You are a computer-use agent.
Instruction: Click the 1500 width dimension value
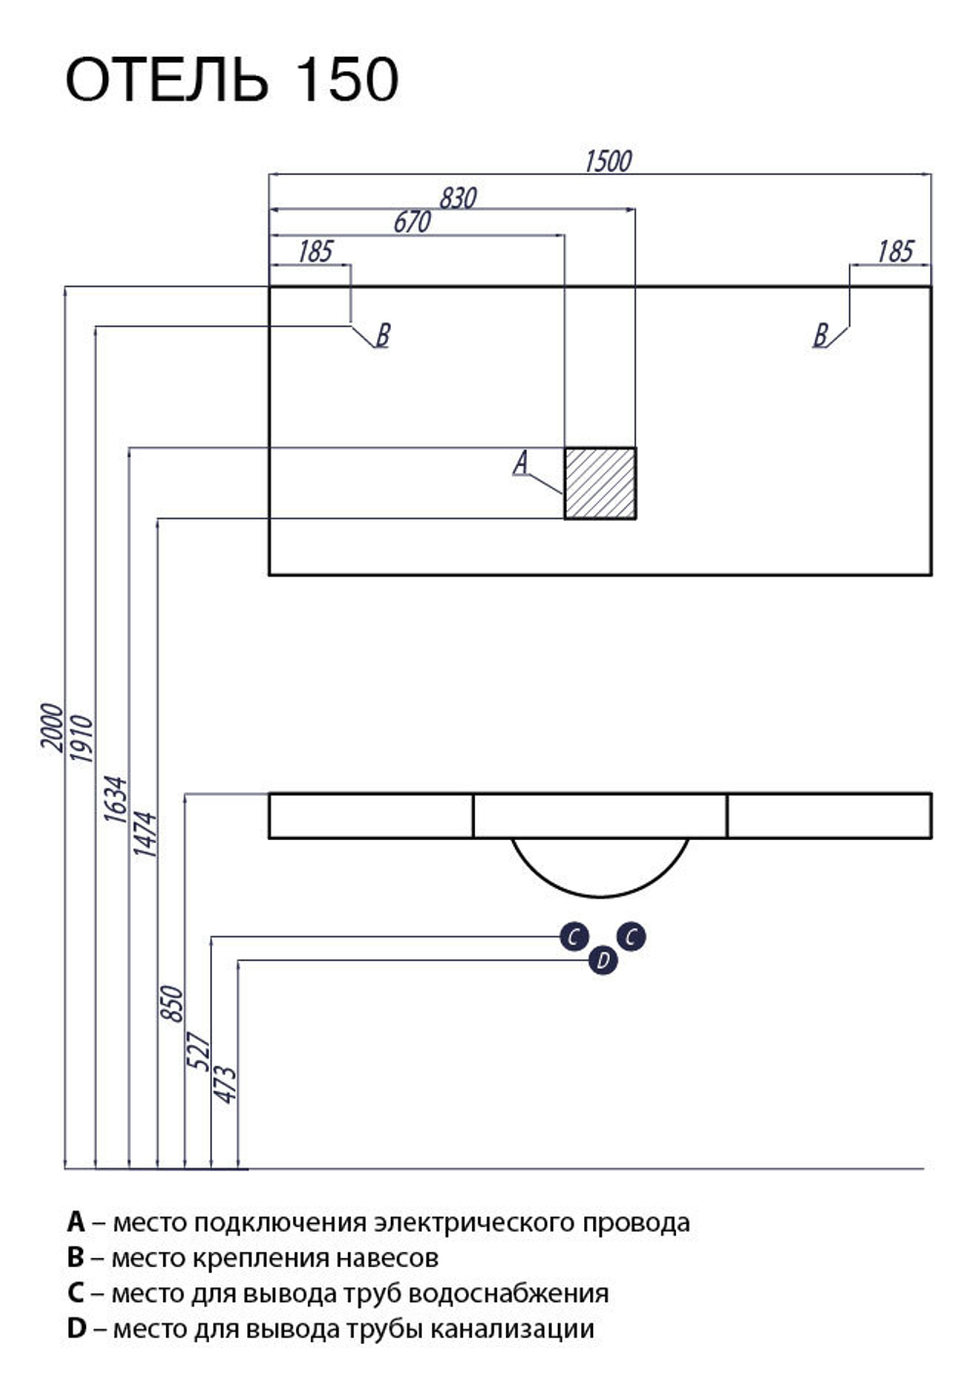click(x=608, y=161)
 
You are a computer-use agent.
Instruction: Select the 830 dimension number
click(x=458, y=198)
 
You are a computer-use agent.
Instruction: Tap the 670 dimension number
click(x=412, y=222)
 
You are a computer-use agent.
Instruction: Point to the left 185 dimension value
click(x=316, y=252)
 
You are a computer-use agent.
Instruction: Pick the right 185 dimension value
click(x=895, y=252)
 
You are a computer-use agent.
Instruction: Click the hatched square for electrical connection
click(x=600, y=483)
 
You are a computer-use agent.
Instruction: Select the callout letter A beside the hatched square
click(x=521, y=462)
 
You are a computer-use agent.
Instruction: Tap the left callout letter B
click(x=382, y=335)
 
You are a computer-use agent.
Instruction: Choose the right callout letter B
click(x=820, y=335)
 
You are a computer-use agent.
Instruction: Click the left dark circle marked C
click(x=573, y=937)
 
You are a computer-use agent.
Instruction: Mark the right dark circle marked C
click(x=631, y=937)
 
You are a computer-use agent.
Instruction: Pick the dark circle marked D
click(x=603, y=960)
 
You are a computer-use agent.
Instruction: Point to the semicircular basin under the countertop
click(x=600, y=866)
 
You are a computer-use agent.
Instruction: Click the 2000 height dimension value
click(x=52, y=728)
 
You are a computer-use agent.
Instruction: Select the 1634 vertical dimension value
click(x=115, y=799)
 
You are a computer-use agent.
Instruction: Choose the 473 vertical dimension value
click(x=225, y=1084)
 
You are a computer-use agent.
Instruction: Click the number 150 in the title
click(x=347, y=79)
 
